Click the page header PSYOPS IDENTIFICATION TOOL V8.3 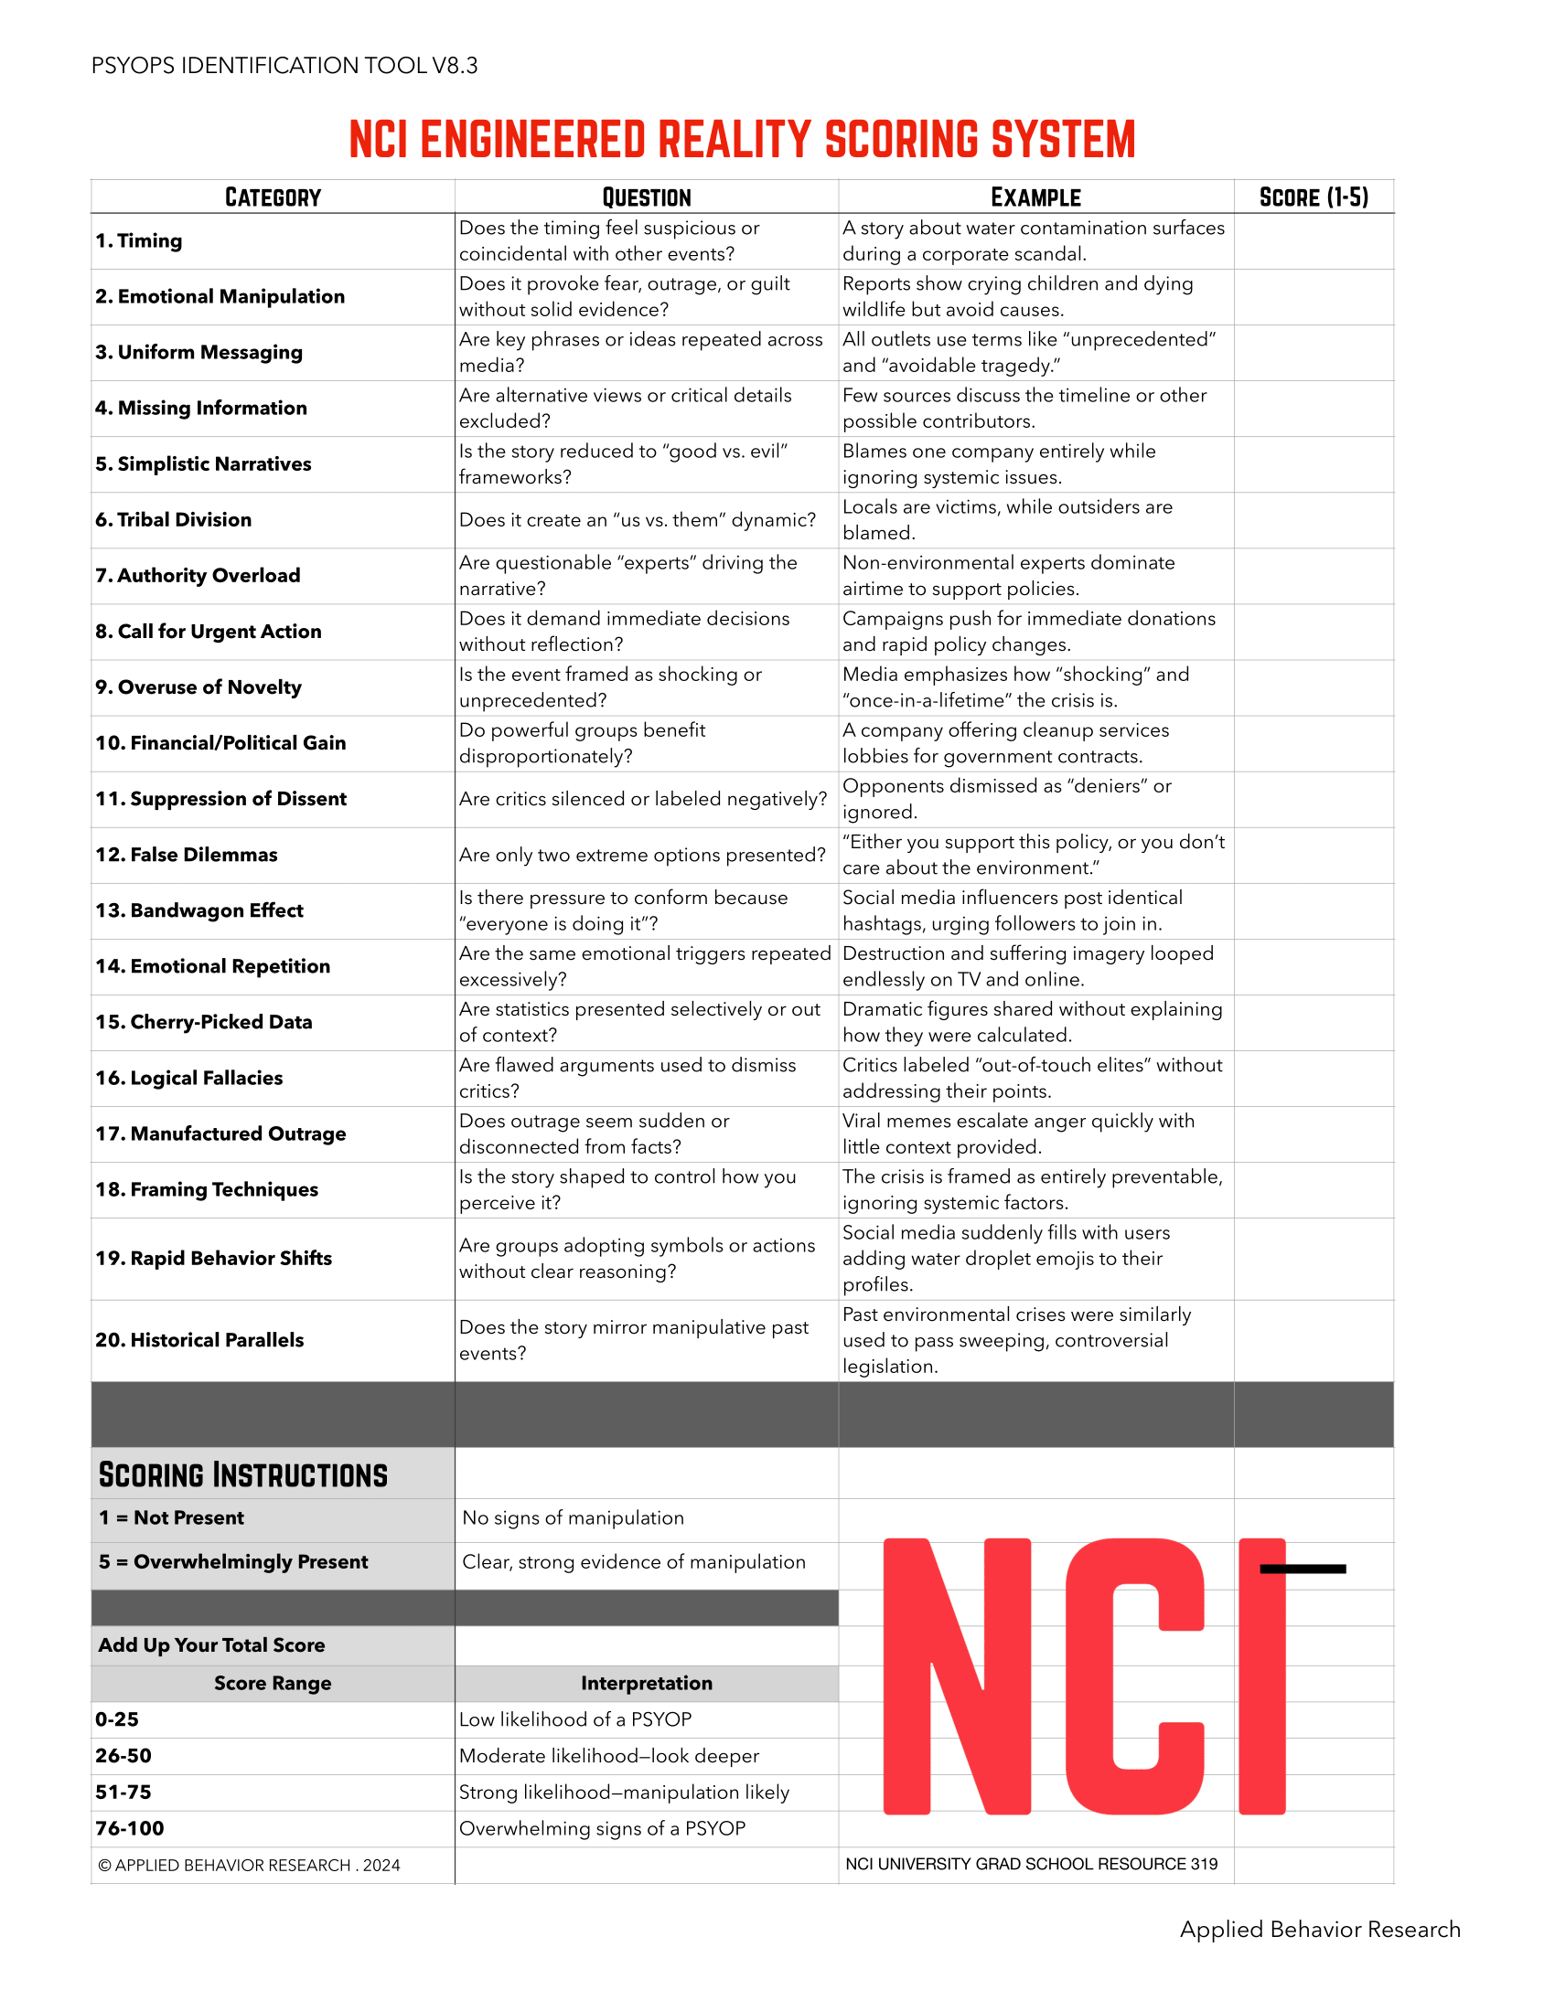(x=284, y=66)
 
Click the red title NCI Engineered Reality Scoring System (x=742, y=140)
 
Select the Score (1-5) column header (x=1313, y=197)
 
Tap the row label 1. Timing (x=139, y=241)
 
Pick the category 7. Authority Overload (x=198, y=576)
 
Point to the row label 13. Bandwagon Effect (x=199, y=910)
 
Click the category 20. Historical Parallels (x=200, y=1340)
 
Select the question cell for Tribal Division (x=638, y=520)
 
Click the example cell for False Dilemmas (x=1034, y=855)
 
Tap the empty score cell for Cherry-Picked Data (x=1313, y=1022)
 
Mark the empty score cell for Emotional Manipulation (x=1313, y=296)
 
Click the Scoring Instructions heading (x=243, y=1475)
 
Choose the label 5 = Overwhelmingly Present (x=233, y=1561)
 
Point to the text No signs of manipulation (x=573, y=1517)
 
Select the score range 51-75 (x=123, y=1792)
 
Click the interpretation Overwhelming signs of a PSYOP (x=603, y=1828)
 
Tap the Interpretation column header (x=646, y=1683)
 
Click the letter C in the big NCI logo (x=1134, y=1676)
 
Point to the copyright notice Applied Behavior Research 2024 (x=249, y=1865)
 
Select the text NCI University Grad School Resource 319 (x=1031, y=1864)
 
